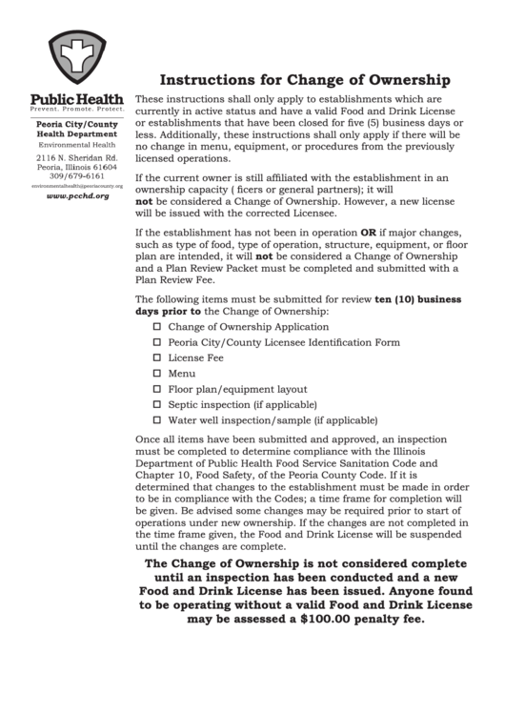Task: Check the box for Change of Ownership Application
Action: pos(157,326)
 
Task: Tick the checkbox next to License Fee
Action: pos(157,357)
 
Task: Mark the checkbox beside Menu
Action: pos(157,373)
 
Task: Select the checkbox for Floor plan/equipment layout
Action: pos(157,389)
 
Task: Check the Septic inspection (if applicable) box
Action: pos(157,404)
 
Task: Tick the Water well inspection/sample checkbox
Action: pos(157,419)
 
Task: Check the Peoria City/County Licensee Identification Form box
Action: pos(157,341)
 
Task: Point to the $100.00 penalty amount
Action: pos(315,618)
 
